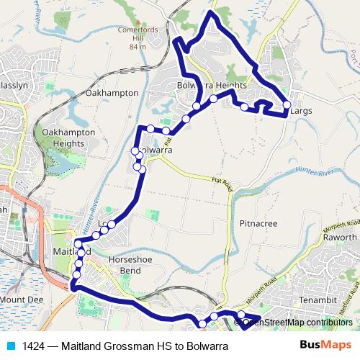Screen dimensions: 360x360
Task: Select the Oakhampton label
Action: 111,93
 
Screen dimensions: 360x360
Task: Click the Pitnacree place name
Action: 258,224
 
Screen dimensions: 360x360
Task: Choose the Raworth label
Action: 340,237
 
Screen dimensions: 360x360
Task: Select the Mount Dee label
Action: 22,298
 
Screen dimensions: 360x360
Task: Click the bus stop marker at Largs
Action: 287,104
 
